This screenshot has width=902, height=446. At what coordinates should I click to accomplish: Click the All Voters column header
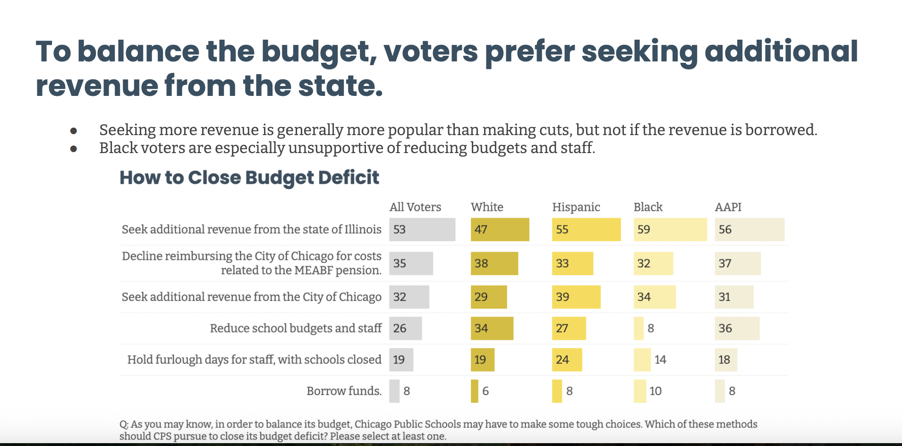click(415, 207)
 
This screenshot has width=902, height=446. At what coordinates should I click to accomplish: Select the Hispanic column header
click(576, 207)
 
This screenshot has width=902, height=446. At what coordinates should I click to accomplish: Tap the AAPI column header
click(728, 207)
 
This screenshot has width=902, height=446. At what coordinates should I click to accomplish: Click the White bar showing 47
click(500, 230)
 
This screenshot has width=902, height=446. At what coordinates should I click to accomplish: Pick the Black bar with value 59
click(670, 230)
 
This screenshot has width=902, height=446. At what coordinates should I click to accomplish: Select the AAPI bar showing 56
click(749, 230)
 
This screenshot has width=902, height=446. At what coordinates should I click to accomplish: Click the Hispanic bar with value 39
click(576, 297)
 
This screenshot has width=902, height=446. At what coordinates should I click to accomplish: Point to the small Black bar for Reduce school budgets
click(638, 328)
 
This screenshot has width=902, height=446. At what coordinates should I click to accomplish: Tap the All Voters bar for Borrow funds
click(394, 391)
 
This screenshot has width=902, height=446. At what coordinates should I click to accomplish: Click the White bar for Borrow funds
click(474, 391)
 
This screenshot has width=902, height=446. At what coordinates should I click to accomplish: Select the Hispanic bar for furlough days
click(567, 360)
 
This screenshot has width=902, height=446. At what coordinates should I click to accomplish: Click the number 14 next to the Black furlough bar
click(660, 360)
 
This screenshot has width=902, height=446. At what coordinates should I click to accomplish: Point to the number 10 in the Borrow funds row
click(655, 391)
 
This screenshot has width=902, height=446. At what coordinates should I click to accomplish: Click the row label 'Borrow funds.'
click(344, 391)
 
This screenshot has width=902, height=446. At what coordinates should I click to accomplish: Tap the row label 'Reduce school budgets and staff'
click(296, 328)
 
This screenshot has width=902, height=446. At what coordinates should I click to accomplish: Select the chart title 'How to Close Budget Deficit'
click(249, 178)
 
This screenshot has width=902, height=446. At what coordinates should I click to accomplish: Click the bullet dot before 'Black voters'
click(74, 149)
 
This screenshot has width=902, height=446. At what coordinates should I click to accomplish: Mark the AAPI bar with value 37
click(737, 263)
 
